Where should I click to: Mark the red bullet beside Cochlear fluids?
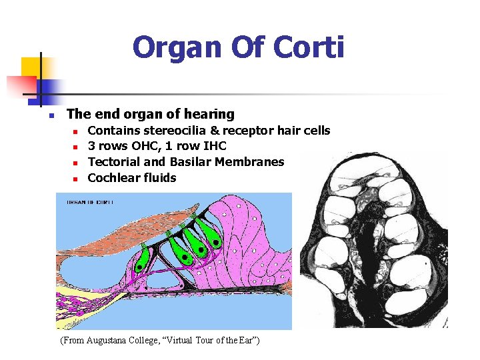pos(76,179)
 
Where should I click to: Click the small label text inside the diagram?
pos(89,201)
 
